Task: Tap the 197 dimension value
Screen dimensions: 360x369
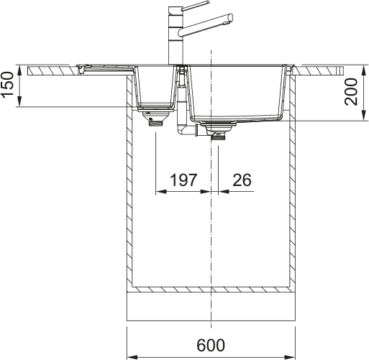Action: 183,180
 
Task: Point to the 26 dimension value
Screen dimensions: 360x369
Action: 242,180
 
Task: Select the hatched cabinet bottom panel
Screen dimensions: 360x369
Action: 211,289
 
